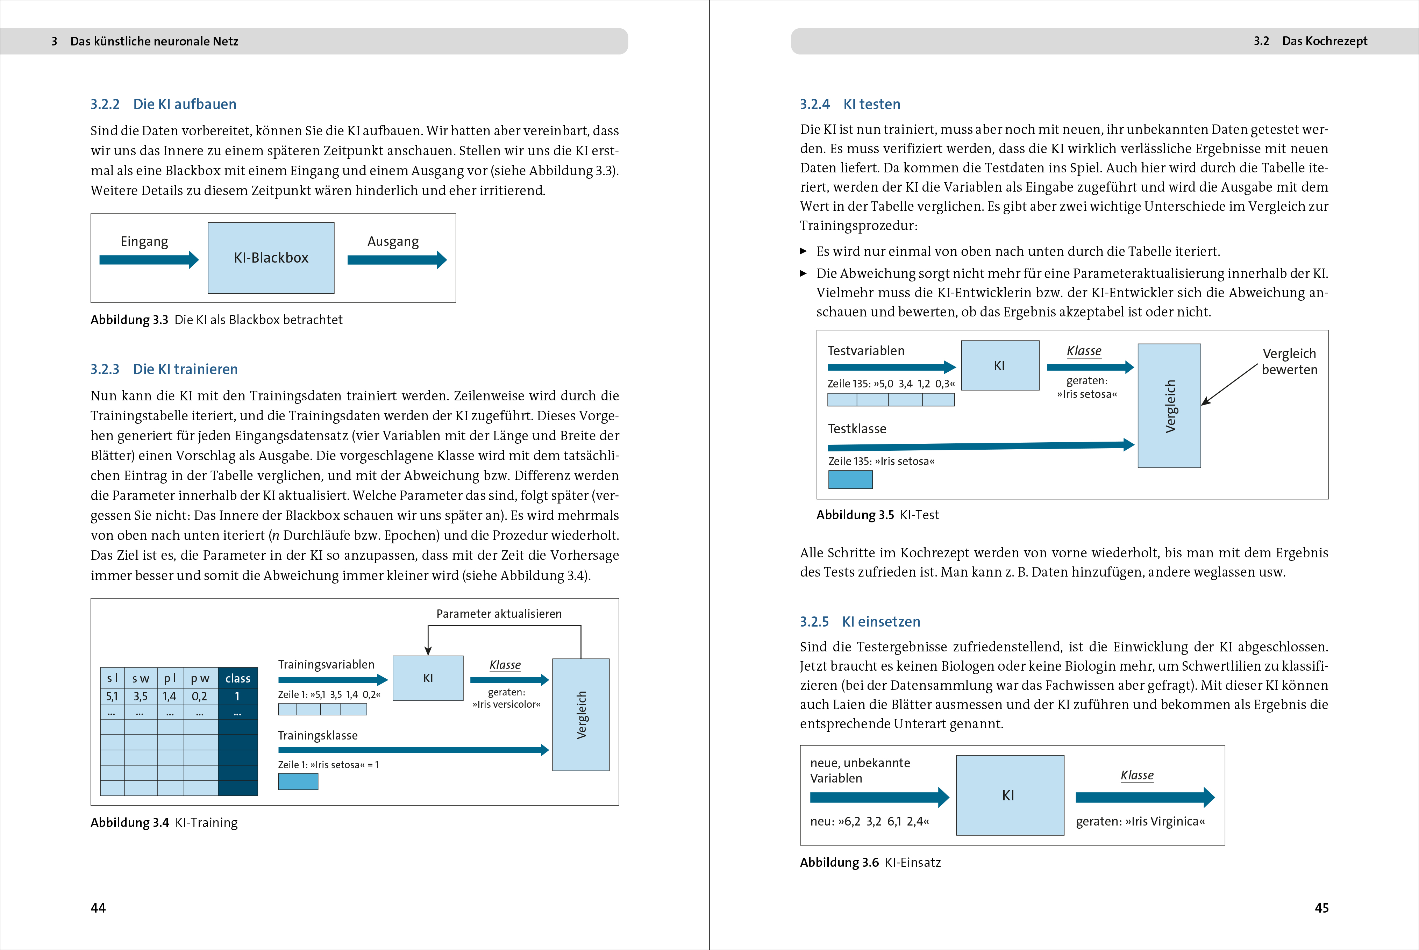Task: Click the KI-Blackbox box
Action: (x=271, y=258)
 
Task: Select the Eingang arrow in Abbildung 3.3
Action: (x=149, y=260)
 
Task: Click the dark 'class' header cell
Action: (x=237, y=678)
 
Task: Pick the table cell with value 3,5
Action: (x=141, y=696)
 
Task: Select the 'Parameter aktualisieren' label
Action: (x=499, y=614)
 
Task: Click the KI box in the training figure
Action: (x=428, y=678)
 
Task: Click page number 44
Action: (x=98, y=908)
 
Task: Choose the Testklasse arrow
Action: (x=981, y=446)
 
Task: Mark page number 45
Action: (x=1321, y=908)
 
